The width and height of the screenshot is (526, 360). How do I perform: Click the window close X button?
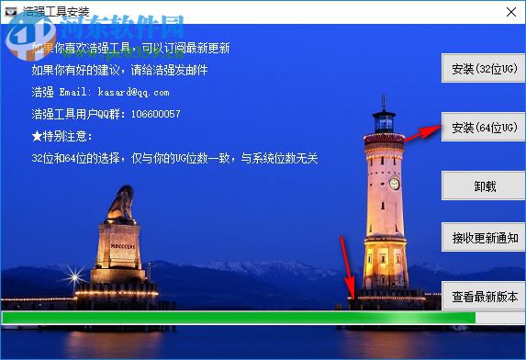pyautogui.click(x=511, y=10)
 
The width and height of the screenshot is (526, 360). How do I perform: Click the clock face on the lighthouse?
pyautogui.click(x=394, y=183)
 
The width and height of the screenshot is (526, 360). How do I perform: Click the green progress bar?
pyautogui.click(x=239, y=318)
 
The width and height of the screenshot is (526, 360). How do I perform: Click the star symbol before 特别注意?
pyautogui.click(x=37, y=136)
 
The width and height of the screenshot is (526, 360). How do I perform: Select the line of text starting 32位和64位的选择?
pyautogui.click(x=174, y=158)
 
